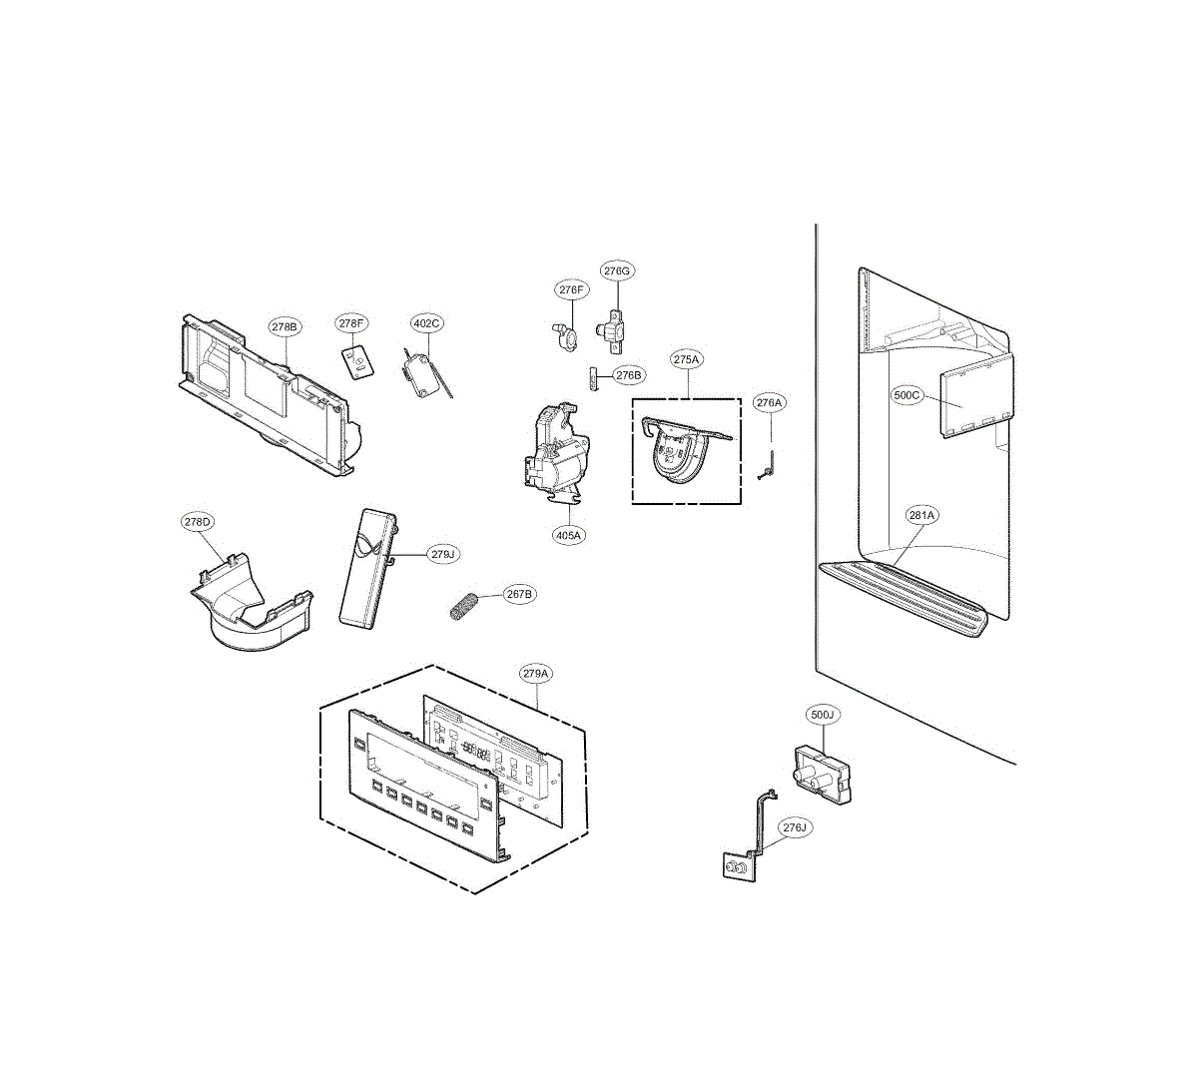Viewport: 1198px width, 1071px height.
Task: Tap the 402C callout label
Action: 426,322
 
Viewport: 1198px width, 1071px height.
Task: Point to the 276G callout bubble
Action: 617,270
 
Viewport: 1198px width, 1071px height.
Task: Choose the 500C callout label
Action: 906,395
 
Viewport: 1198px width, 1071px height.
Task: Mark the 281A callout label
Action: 921,516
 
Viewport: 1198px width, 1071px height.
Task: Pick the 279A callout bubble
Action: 536,674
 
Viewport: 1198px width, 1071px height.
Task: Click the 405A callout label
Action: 568,535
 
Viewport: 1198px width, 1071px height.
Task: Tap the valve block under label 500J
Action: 821,772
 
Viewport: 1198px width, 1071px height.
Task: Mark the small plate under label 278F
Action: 356,361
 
